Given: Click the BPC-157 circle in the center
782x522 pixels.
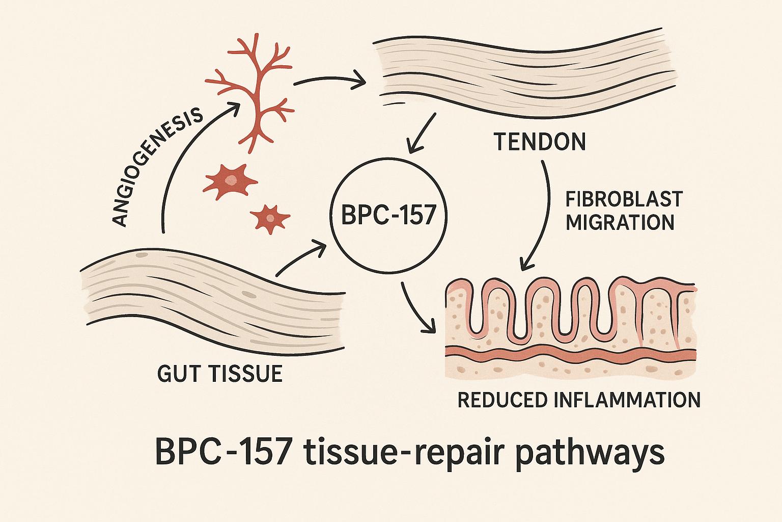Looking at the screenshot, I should click(388, 215).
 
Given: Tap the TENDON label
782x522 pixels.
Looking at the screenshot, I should click(540, 142).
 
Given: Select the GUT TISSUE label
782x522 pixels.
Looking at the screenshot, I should click(220, 374).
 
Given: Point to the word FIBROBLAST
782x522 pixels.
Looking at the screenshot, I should click(624, 199).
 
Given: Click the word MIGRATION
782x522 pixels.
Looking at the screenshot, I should click(620, 223).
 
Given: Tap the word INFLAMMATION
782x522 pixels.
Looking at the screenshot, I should click(627, 400).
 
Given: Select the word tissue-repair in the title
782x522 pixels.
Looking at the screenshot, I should click(405, 452).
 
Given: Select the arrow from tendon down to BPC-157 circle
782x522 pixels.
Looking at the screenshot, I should click(422, 134).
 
